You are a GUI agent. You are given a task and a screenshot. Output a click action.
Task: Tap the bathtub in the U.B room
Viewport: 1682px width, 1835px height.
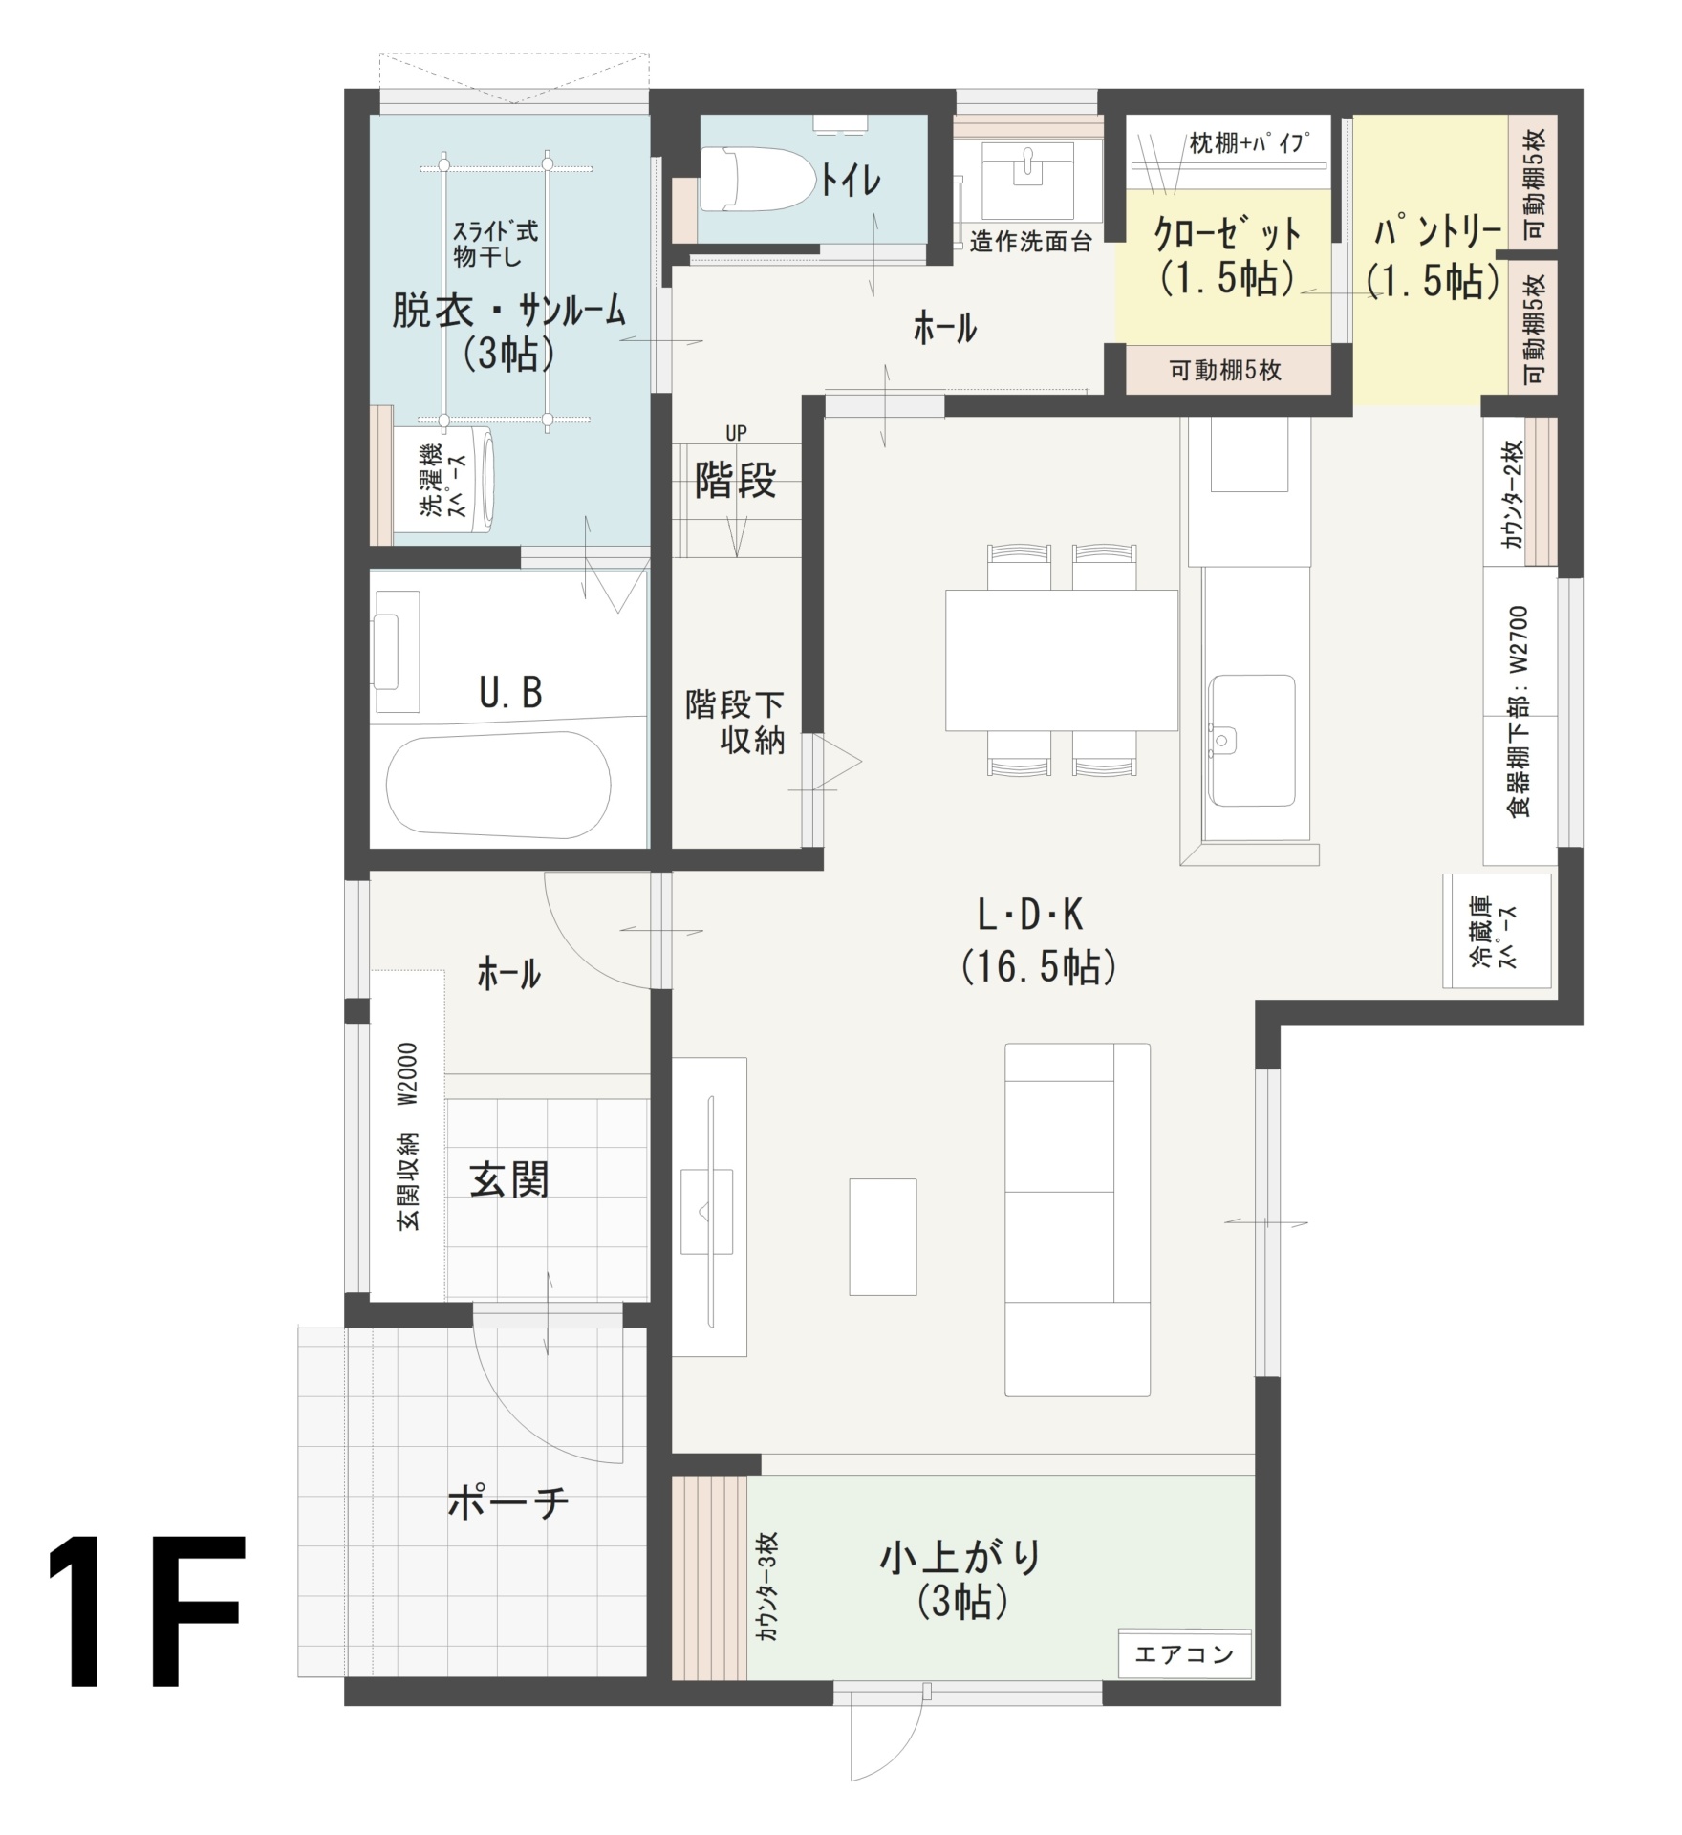tap(498, 786)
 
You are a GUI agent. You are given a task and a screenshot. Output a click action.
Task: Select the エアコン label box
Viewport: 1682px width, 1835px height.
tap(1185, 1653)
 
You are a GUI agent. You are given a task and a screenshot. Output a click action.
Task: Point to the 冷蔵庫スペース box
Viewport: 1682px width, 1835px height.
tap(1497, 931)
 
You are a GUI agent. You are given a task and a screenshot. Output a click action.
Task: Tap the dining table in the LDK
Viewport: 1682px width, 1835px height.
tap(1062, 660)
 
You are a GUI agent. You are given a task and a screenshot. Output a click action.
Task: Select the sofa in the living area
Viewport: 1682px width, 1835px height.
tap(1077, 1220)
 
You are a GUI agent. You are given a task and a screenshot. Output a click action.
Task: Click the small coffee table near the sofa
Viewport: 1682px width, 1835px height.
tap(883, 1237)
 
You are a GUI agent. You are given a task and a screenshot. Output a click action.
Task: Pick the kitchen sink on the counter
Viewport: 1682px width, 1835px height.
tap(1252, 741)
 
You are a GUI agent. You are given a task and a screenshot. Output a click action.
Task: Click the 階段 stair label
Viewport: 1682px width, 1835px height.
tap(735, 480)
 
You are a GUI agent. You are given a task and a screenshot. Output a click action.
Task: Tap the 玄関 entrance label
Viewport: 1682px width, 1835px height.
tap(509, 1180)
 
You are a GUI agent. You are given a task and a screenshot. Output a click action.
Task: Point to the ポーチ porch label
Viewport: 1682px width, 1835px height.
tap(508, 1503)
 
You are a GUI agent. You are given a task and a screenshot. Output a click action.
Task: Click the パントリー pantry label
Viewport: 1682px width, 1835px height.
tap(1438, 232)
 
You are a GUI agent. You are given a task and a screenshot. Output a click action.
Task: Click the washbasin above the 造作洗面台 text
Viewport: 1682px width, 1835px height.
tap(1029, 183)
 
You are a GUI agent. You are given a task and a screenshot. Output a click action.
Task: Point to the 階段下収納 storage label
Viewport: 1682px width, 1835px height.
tap(735, 723)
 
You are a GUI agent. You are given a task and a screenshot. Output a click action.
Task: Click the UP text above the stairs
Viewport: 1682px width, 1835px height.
tap(736, 433)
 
